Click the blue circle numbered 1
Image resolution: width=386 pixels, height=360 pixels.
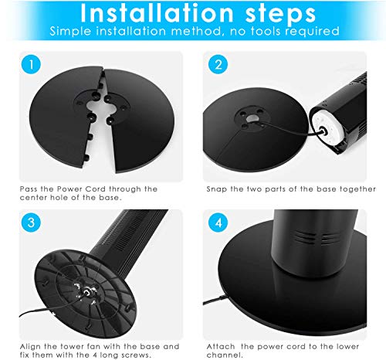(x=31, y=65)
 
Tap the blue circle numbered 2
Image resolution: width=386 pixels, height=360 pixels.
(x=218, y=65)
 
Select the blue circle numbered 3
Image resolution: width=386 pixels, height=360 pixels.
(x=31, y=222)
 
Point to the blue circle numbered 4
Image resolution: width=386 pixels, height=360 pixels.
(x=218, y=222)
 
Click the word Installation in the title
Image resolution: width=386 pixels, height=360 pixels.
(x=157, y=13)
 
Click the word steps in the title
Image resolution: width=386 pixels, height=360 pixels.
(x=280, y=14)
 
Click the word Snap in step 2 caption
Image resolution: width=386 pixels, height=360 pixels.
(x=217, y=189)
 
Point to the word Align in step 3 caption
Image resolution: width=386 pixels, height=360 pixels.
(x=30, y=347)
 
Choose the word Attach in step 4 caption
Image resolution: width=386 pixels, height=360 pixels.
(x=221, y=347)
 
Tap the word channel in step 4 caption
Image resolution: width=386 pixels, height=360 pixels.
(x=225, y=355)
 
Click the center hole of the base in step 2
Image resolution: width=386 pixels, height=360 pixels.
(x=252, y=118)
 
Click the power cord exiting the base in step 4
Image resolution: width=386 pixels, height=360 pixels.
(x=215, y=300)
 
